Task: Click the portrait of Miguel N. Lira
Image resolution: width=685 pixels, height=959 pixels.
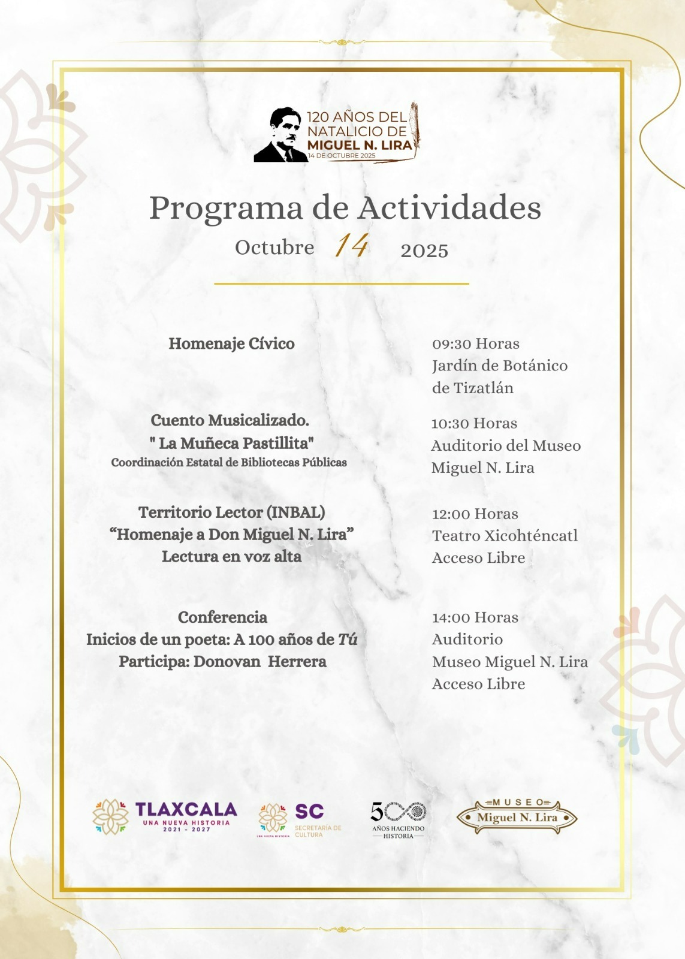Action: click(x=280, y=136)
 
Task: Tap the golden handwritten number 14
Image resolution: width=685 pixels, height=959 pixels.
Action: click(x=351, y=246)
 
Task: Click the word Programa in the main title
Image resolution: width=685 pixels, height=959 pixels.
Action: click(x=226, y=209)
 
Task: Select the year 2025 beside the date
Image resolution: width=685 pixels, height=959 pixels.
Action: click(x=424, y=251)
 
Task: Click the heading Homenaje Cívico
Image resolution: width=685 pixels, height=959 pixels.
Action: click(x=231, y=343)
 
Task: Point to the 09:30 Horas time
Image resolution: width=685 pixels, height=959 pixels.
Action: click(x=476, y=343)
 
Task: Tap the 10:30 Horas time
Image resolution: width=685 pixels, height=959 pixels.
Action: click(x=474, y=423)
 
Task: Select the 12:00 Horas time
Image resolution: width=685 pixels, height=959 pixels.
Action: click(x=475, y=514)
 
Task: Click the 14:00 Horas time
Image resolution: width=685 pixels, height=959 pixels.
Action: click(x=475, y=617)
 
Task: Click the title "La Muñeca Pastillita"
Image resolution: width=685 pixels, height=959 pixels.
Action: click(x=231, y=443)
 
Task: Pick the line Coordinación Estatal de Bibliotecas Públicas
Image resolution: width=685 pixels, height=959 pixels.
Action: click(x=229, y=463)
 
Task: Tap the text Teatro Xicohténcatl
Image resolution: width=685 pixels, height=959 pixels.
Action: click(x=505, y=536)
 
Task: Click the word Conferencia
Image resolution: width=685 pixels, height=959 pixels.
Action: click(x=222, y=617)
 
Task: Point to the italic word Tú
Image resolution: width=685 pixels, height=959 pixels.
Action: click(x=348, y=640)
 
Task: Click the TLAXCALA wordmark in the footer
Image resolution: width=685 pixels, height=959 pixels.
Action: click(x=186, y=810)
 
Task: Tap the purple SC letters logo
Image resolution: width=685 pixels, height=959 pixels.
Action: click(x=309, y=812)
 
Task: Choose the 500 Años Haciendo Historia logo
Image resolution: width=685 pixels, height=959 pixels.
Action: click(x=399, y=819)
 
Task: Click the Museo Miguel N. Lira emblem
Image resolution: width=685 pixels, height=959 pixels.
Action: click(x=517, y=817)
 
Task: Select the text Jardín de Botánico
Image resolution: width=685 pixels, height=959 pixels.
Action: click(x=500, y=366)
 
